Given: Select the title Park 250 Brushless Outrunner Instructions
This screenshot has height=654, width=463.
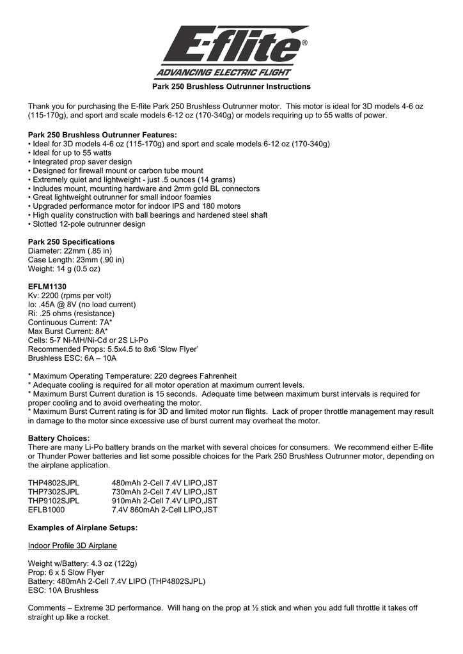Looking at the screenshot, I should pyautogui.click(x=231, y=86).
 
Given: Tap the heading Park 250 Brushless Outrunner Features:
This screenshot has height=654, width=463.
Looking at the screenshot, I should pyautogui.click(x=102, y=135).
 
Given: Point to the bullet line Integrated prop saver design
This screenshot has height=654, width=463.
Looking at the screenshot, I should pyautogui.click(x=80, y=162).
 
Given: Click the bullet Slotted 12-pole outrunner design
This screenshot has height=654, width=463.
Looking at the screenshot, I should pyautogui.click(x=86, y=224).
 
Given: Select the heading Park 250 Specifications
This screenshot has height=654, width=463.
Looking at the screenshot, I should pyautogui.click(x=72, y=242).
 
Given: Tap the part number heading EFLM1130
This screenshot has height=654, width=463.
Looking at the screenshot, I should pyautogui.click(x=47, y=287).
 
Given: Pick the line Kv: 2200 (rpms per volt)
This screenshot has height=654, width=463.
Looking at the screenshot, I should pyautogui.click(x=70, y=296).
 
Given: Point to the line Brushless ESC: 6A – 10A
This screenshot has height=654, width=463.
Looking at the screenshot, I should pyautogui.click(x=72, y=358).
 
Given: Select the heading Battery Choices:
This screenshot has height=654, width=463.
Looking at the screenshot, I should pyautogui.click(x=59, y=439).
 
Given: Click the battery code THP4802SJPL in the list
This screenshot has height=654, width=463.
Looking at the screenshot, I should pyautogui.click(x=54, y=483).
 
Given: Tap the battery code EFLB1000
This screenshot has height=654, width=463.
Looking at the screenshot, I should pyautogui.click(x=47, y=510).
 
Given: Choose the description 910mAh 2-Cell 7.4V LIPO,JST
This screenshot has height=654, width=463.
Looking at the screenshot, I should pyautogui.click(x=164, y=501).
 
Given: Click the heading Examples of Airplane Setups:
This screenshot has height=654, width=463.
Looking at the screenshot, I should pyautogui.click(x=83, y=528).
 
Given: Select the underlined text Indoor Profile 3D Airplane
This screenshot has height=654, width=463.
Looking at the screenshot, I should pyautogui.click(x=72, y=546).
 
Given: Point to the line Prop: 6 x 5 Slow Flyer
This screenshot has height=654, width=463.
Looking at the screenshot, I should pyautogui.click(x=66, y=573).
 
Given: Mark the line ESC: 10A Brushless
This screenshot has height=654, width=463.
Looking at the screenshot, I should pyautogui.click(x=63, y=591).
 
